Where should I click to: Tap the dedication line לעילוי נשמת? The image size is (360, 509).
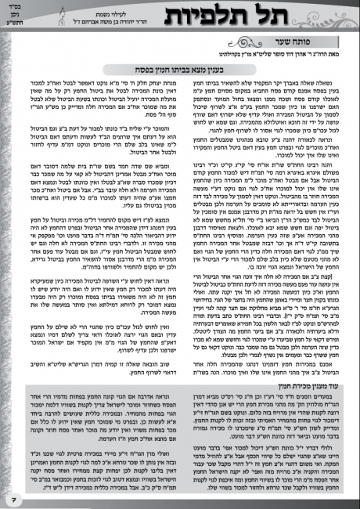click(x=144, y=9)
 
